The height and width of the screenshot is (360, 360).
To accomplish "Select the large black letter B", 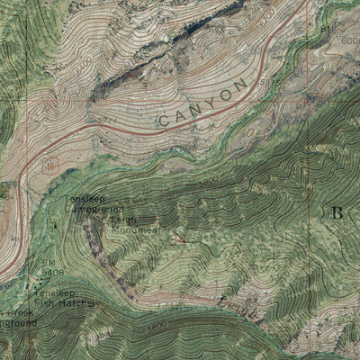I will pos(337,213).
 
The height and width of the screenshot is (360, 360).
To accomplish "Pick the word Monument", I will pos(138,229).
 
